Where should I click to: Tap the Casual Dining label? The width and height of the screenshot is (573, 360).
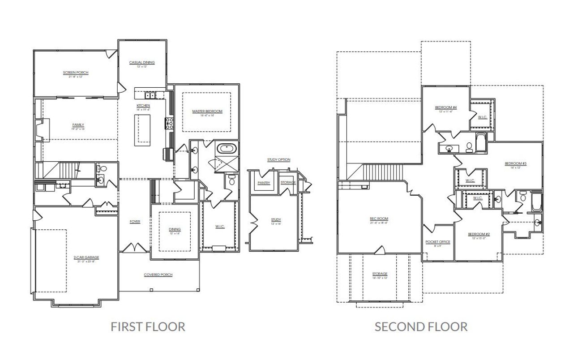[x=142, y=63]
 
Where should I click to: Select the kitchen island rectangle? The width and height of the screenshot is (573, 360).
[x=144, y=130]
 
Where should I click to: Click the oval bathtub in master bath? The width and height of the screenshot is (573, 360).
[x=224, y=149]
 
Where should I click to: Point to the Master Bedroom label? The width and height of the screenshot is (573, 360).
[x=207, y=111]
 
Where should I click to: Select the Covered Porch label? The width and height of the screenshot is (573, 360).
[x=158, y=275]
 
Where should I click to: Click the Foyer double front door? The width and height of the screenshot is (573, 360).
[x=136, y=248]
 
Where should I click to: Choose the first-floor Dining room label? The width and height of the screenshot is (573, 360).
[x=174, y=229]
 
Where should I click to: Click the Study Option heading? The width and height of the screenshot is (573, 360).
[x=278, y=160]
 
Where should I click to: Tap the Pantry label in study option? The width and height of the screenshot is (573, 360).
[x=263, y=183]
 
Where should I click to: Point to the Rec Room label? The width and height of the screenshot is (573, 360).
[x=378, y=219]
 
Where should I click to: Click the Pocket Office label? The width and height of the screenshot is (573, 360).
[x=438, y=242]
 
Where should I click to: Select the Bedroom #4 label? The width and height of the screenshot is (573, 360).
[x=445, y=107]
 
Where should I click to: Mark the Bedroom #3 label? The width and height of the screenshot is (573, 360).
[x=515, y=164]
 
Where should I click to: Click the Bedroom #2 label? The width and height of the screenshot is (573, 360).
[x=479, y=234]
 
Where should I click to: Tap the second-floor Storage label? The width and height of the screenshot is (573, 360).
[x=380, y=274]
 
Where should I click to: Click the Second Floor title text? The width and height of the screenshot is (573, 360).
[x=421, y=327]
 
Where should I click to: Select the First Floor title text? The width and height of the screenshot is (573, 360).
[x=148, y=327]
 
